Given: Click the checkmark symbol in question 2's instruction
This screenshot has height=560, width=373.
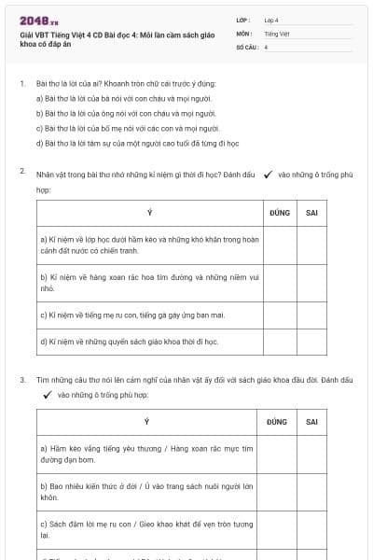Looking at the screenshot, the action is tap(269, 174).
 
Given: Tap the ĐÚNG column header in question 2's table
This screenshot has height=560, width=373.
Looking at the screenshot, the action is tap(279, 213).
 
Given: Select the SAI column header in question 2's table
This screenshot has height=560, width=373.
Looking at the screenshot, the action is tap(312, 213).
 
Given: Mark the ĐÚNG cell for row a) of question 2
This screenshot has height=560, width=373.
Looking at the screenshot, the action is tap(279, 245).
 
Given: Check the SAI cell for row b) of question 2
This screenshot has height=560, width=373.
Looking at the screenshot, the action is tap(312, 283).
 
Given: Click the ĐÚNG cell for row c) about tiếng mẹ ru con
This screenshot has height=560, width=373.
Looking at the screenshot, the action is tap(279, 315).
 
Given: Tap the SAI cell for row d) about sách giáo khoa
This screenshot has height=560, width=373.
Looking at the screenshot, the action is tap(312, 342).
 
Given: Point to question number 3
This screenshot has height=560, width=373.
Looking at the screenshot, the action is tap(22, 381).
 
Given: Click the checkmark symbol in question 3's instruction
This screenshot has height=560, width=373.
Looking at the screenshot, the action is tap(47, 395).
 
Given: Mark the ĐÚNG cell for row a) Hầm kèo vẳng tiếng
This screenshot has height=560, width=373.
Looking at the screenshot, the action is tap(279, 455).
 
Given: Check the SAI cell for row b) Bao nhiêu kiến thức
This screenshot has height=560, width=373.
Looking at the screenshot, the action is tap(312, 492).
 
